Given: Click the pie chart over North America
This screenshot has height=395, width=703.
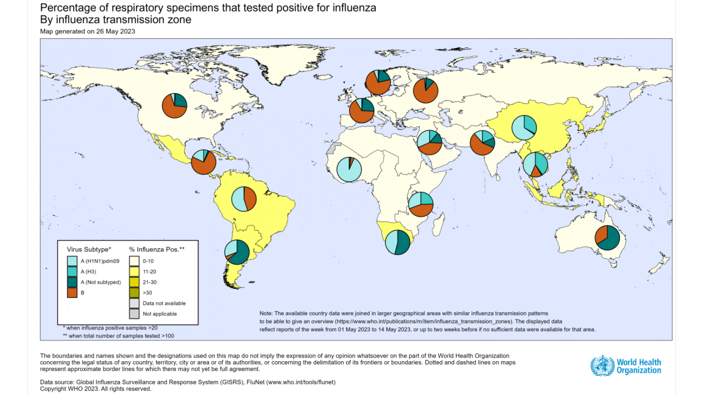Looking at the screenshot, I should pyautogui.click(x=174, y=105).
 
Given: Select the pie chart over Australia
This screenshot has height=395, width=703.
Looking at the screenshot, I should pyautogui.click(x=607, y=237).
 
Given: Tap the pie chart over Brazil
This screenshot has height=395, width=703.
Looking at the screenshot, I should pyautogui.click(x=244, y=198).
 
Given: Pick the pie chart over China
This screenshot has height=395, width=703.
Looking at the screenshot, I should pyautogui.click(x=524, y=127).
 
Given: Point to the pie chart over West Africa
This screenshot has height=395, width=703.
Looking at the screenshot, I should pyautogui.click(x=349, y=169).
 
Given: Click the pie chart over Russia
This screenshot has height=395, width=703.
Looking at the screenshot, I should pyautogui.click(x=426, y=90).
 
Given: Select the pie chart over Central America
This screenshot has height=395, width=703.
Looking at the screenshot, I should pyautogui.click(x=203, y=162).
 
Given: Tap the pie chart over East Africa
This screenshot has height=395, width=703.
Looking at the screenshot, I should pyautogui.click(x=421, y=204).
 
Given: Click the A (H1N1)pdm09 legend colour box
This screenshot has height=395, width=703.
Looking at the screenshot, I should pyautogui.click(x=71, y=261).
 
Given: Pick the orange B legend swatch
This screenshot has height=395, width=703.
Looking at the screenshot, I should pyautogui.click(x=71, y=292).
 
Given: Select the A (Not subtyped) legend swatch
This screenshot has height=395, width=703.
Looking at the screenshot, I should pyautogui.click(x=71, y=282).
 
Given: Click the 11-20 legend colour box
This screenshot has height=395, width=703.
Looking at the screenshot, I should pyautogui.click(x=134, y=271).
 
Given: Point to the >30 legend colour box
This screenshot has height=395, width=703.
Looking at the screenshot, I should pyautogui.click(x=134, y=292).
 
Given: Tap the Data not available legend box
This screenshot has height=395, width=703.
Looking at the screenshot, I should pyautogui.click(x=134, y=303).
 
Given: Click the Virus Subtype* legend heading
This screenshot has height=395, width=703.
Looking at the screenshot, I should pyautogui.click(x=89, y=249).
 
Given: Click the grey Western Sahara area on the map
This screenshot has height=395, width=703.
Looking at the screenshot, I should pyautogui.click(x=331, y=149).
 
